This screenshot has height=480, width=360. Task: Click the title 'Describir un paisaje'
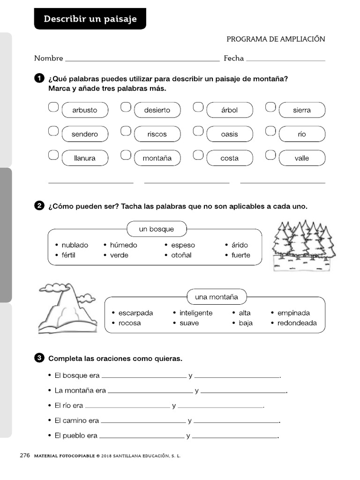coord(90,19)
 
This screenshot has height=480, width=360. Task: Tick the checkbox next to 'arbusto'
coord(53,107)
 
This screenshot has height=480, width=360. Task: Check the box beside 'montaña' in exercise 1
coord(126,155)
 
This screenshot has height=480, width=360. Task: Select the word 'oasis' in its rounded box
coord(229,134)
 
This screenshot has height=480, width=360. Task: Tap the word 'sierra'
coord(301,110)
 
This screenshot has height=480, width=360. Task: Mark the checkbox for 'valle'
coord(270,155)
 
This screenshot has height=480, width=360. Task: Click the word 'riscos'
coord(157,134)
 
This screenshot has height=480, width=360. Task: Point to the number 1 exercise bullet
coord(39,78)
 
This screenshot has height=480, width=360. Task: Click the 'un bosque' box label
coord(156,229)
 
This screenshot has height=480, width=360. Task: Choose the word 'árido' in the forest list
coord(240,245)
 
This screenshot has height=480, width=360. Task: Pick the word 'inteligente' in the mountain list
coord(195,313)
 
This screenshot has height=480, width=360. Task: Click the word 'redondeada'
coord(297,323)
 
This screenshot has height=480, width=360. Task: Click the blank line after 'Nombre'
coord(142,60)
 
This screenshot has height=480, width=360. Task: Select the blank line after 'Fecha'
coord(285,60)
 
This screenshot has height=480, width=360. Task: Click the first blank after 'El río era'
coord(127,406)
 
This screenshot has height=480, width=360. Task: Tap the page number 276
coord(25,455)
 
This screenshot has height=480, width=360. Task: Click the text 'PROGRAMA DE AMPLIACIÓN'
coord(276,39)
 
